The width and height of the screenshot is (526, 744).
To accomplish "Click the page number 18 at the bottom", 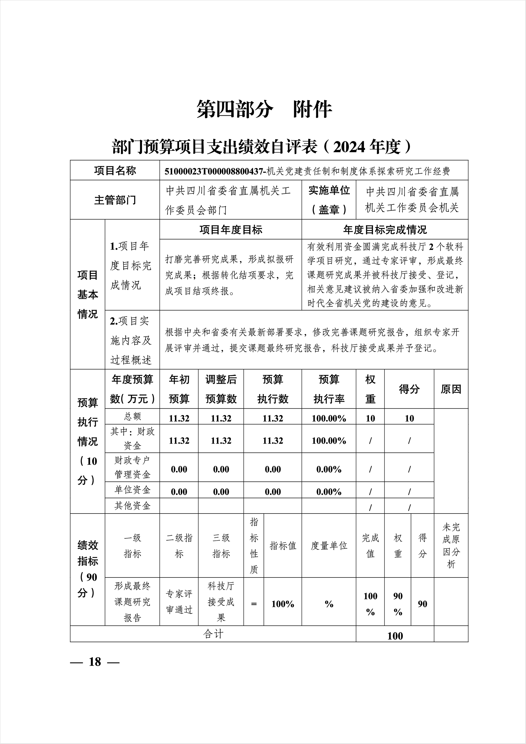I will (95, 662).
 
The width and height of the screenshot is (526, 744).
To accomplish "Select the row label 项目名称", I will (115, 171).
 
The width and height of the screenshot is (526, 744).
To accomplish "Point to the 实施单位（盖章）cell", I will (329, 200).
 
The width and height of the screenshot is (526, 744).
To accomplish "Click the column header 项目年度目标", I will (231, 230).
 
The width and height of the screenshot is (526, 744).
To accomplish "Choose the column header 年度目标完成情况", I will (385, 230).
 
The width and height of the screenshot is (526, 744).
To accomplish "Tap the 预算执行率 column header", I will (329, 389).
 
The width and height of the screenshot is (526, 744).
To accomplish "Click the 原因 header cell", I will (451, 389).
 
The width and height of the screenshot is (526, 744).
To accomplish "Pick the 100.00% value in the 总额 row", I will (329, 418).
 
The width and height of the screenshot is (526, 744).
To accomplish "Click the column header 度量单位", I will (329, 546).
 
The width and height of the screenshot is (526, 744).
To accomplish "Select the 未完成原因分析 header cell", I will (451, 546).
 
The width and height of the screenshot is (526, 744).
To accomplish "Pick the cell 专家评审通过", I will (179, 602).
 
